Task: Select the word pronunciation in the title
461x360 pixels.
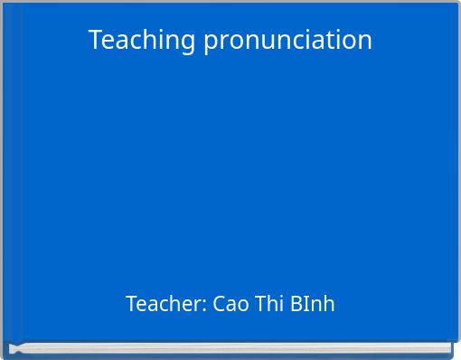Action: coord(287,40)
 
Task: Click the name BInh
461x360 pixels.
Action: coord(313,304)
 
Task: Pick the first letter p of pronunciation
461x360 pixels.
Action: coord(210,43)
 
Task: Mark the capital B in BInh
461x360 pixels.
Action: coord(296,304)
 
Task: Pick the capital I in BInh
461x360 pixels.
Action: coord(306,304)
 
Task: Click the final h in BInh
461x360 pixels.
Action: coord(329,304)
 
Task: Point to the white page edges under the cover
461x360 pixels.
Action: coord(230,347)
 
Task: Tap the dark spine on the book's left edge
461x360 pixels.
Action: coord(5,181)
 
